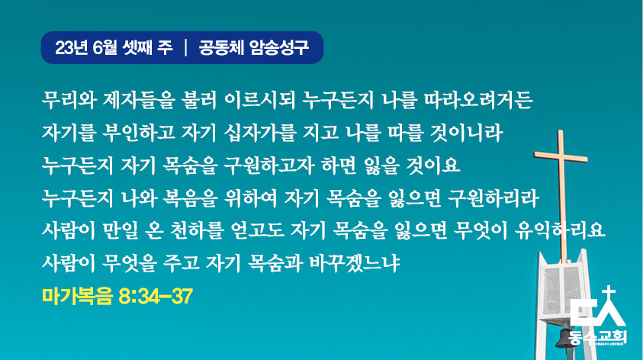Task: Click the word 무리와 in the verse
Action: click(69, 100)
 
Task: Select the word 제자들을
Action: click(139, 100)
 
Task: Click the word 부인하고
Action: click(139, 133)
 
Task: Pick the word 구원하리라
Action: click(494, 198)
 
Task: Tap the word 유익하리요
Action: click(560, 230)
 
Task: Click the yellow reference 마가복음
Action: click(77, 296)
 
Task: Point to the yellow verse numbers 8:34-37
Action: click(156, 296)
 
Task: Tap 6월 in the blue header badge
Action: click(105, 48)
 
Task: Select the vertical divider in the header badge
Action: click(186, 47)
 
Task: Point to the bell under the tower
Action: click(563, 339)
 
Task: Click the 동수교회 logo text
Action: click(598, 337)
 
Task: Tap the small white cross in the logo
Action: click(609, 293)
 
